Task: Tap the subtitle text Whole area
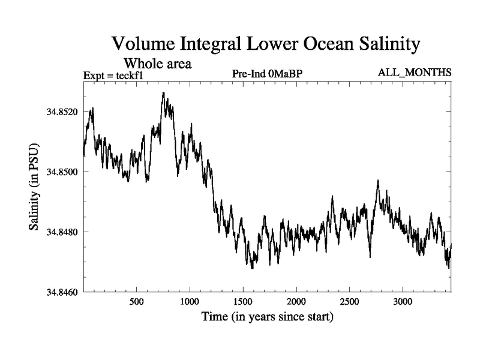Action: (157, 63)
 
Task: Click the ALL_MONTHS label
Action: (415, 73)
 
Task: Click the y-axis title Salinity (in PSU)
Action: (34, 188)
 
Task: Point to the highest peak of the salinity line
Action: (163, 93)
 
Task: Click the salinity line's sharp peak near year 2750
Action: (378, 180)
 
